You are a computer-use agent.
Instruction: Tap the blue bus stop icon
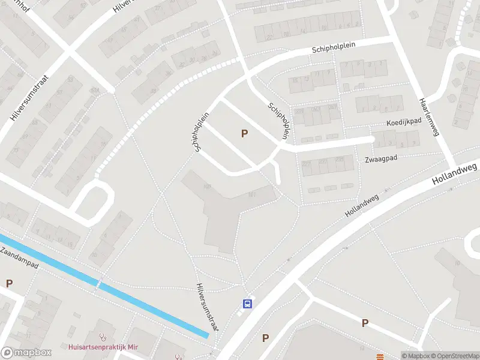(x=247, y=304)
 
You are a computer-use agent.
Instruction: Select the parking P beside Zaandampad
(x=9, y=283)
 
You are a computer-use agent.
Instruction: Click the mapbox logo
(x=26, y=353)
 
